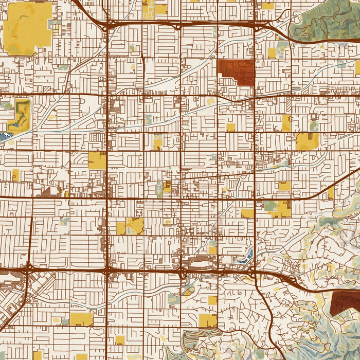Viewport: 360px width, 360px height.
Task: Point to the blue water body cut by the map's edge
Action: pos(4,137)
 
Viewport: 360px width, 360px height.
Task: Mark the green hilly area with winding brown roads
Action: pos(324,18)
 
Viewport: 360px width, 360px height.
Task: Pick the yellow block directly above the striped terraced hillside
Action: pos(208,320)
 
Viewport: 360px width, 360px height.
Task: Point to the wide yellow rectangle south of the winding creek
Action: pos(81,319)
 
